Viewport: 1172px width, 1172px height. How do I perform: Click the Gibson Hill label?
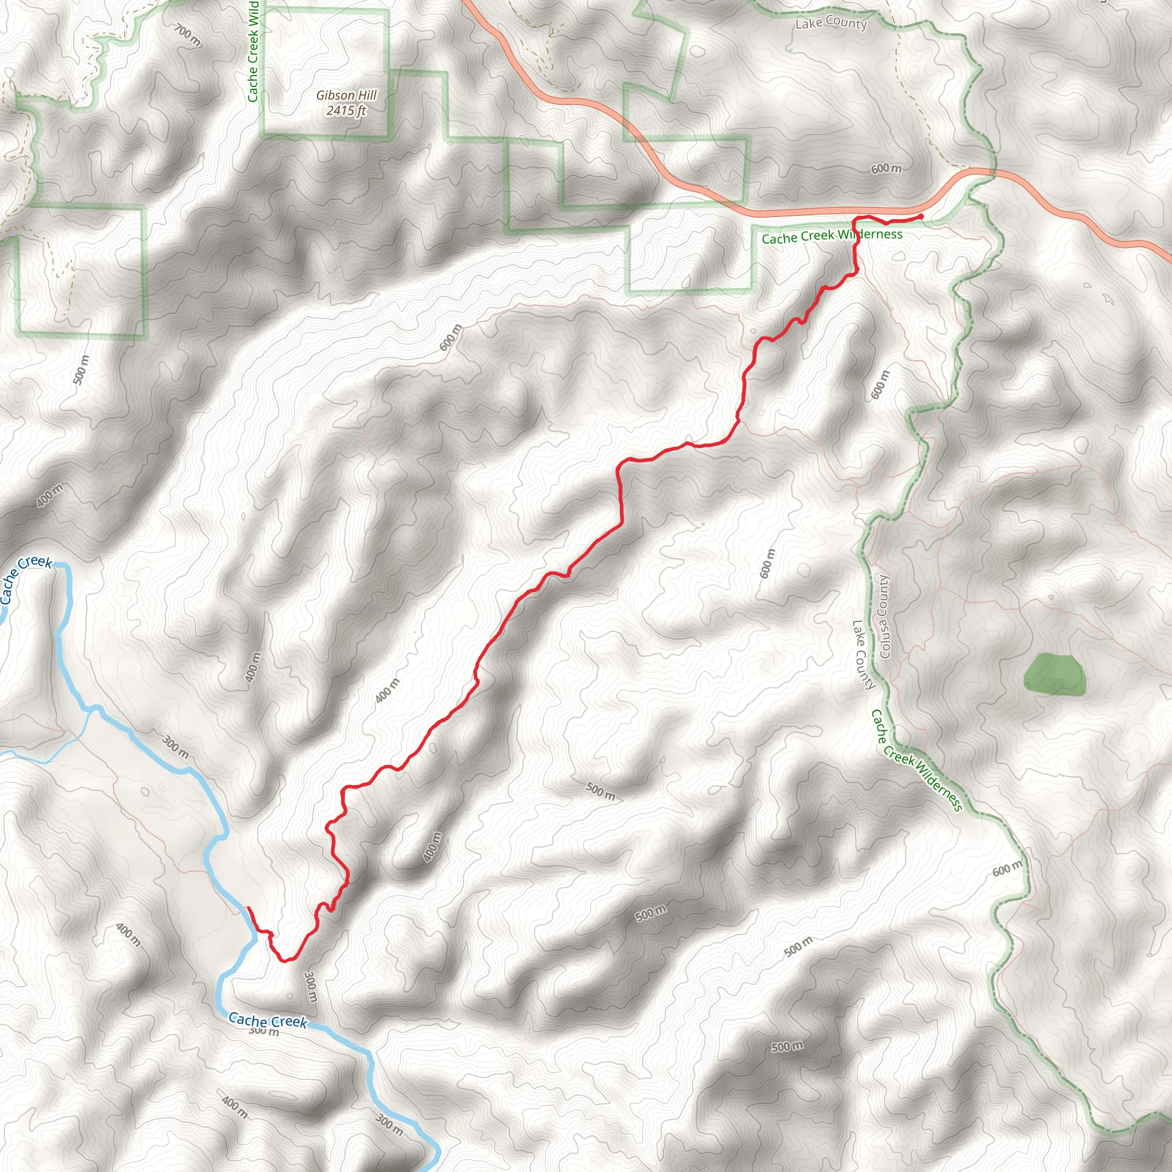coord(346,95)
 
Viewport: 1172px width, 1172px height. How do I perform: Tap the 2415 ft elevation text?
coord(346,110)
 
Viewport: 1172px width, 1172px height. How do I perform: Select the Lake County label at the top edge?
coord(830,23)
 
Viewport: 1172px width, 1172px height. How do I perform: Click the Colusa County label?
coord(885,616)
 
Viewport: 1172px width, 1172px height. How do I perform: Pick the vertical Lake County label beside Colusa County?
coord(863,655)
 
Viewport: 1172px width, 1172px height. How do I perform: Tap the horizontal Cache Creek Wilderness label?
coord(832,236)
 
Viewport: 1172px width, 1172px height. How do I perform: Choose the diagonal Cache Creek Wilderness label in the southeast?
coord(916,760)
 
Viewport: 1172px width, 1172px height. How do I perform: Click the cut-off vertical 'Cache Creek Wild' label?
coord(253,51)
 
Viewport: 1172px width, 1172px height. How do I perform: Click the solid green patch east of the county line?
coord(1054,674)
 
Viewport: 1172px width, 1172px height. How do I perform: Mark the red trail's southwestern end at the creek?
coord(248,908)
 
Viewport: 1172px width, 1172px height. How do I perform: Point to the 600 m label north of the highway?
coord(886,168)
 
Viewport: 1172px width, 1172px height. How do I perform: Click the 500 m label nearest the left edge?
coord(80,370)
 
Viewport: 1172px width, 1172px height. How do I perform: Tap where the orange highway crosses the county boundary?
coord(993,173)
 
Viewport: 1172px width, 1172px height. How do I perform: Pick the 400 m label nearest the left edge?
coord(49,496)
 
